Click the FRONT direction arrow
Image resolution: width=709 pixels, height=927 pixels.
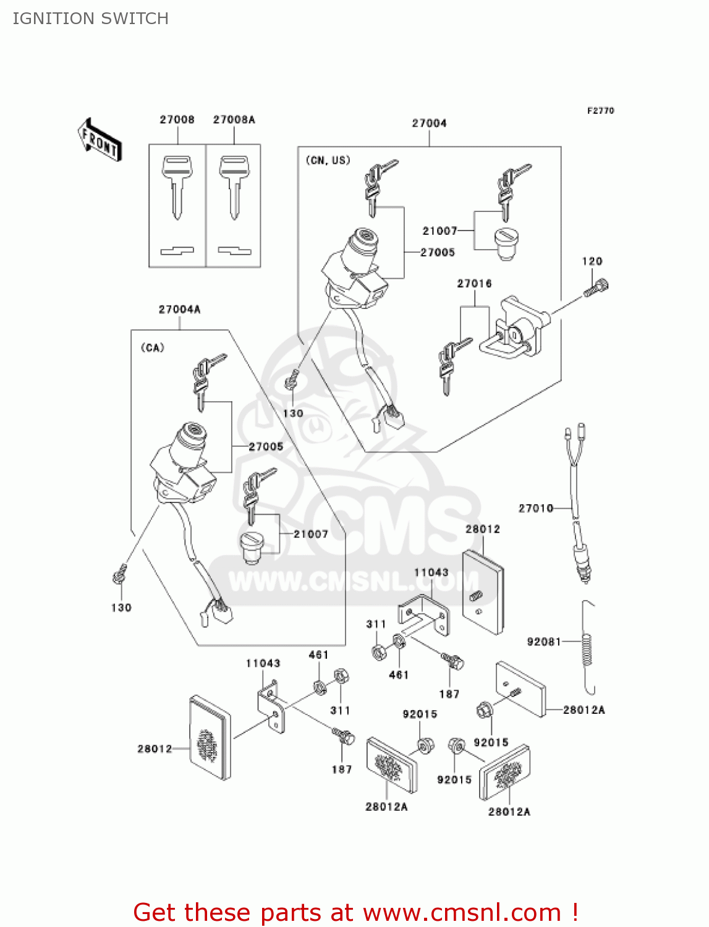(100, 140)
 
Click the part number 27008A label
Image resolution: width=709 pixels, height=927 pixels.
(234, 119)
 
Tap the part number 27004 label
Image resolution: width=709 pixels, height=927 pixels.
(429, 123)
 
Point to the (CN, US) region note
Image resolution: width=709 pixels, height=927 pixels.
(328, 160)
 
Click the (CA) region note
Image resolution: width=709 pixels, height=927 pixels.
(153, 347)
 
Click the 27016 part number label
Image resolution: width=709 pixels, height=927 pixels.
(474, 284)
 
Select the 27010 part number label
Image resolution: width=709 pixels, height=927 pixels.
(535, 508)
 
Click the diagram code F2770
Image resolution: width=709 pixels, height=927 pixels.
(600, 111)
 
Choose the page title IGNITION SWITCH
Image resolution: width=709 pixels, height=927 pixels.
(90, 19)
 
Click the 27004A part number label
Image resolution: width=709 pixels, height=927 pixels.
(179, 309)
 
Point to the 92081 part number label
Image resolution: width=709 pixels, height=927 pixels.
(543, 641)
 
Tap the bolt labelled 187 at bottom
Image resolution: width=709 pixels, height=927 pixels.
(343, 736)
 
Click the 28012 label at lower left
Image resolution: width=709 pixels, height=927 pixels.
(155, 748)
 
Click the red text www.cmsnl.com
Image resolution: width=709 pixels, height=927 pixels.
(461, 912)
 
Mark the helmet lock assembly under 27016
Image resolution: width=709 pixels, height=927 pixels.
(514, 328)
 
